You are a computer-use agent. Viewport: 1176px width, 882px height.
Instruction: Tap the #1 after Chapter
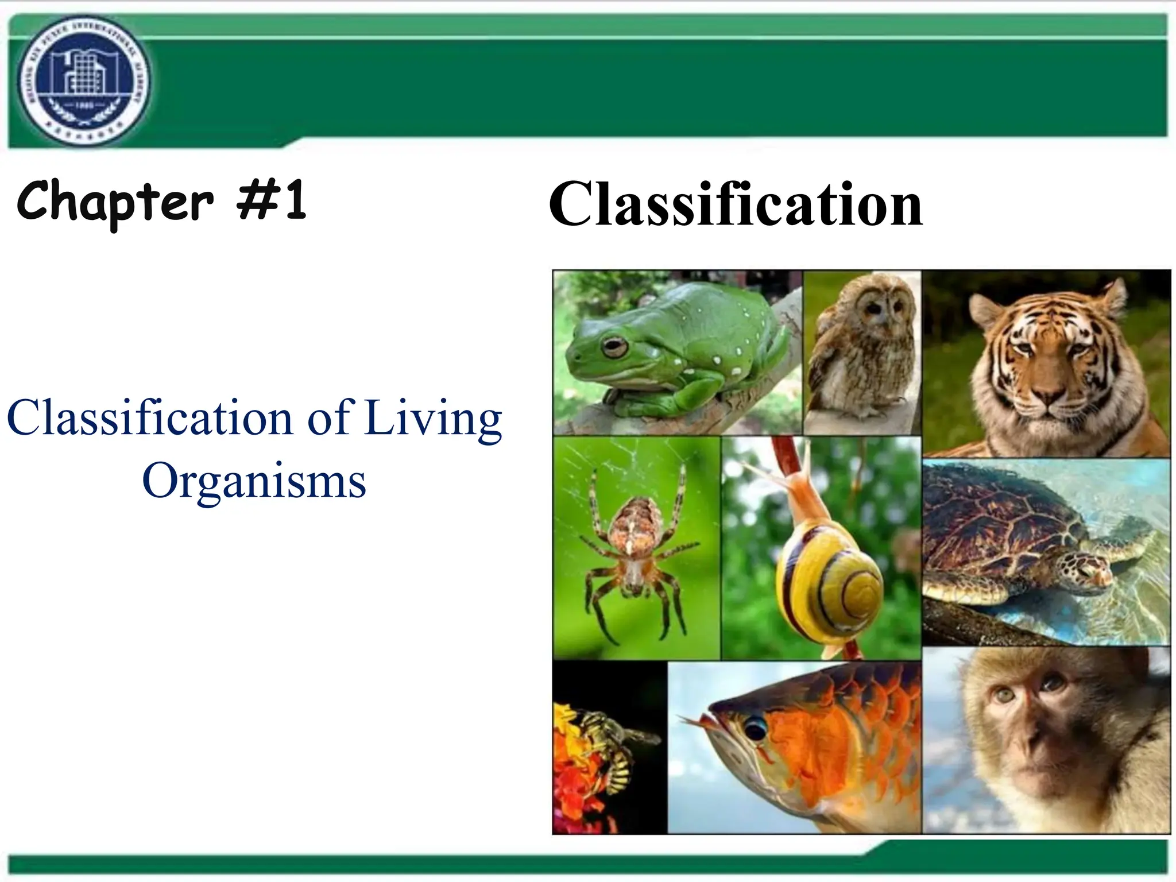pos(272,201)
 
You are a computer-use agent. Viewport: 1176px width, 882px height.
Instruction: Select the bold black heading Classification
pos(735,204)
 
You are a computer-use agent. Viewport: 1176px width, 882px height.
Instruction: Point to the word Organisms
pos(254,481)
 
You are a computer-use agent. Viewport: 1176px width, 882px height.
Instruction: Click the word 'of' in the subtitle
pos(328,418)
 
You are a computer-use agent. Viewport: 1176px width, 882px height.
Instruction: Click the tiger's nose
pos(1047,394)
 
